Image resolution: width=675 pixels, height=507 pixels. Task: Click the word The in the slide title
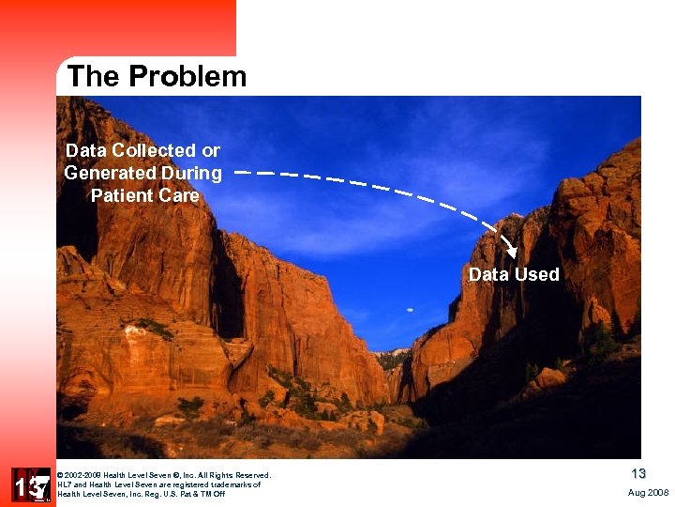pos(92,77)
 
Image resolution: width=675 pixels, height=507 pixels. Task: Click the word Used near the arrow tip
pos(536,275)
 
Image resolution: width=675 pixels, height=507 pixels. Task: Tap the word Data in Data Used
pos(488,275)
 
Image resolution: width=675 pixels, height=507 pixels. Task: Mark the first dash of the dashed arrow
pos(243,174)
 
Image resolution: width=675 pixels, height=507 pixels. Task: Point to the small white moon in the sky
pos(410,309)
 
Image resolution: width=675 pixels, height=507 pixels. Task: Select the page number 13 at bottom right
pos(637,474)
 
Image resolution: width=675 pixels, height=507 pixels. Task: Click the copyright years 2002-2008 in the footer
pos(82,475)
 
